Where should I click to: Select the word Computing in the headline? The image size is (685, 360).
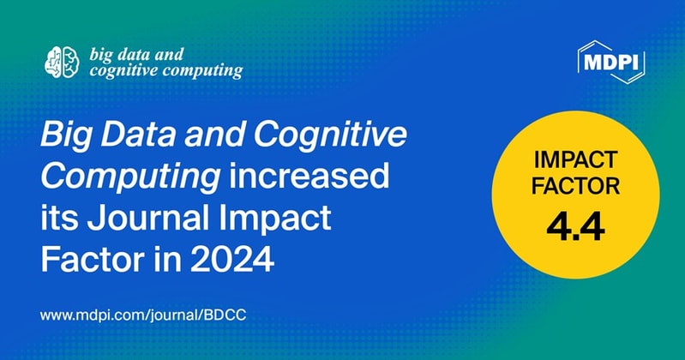click(105, 176)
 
